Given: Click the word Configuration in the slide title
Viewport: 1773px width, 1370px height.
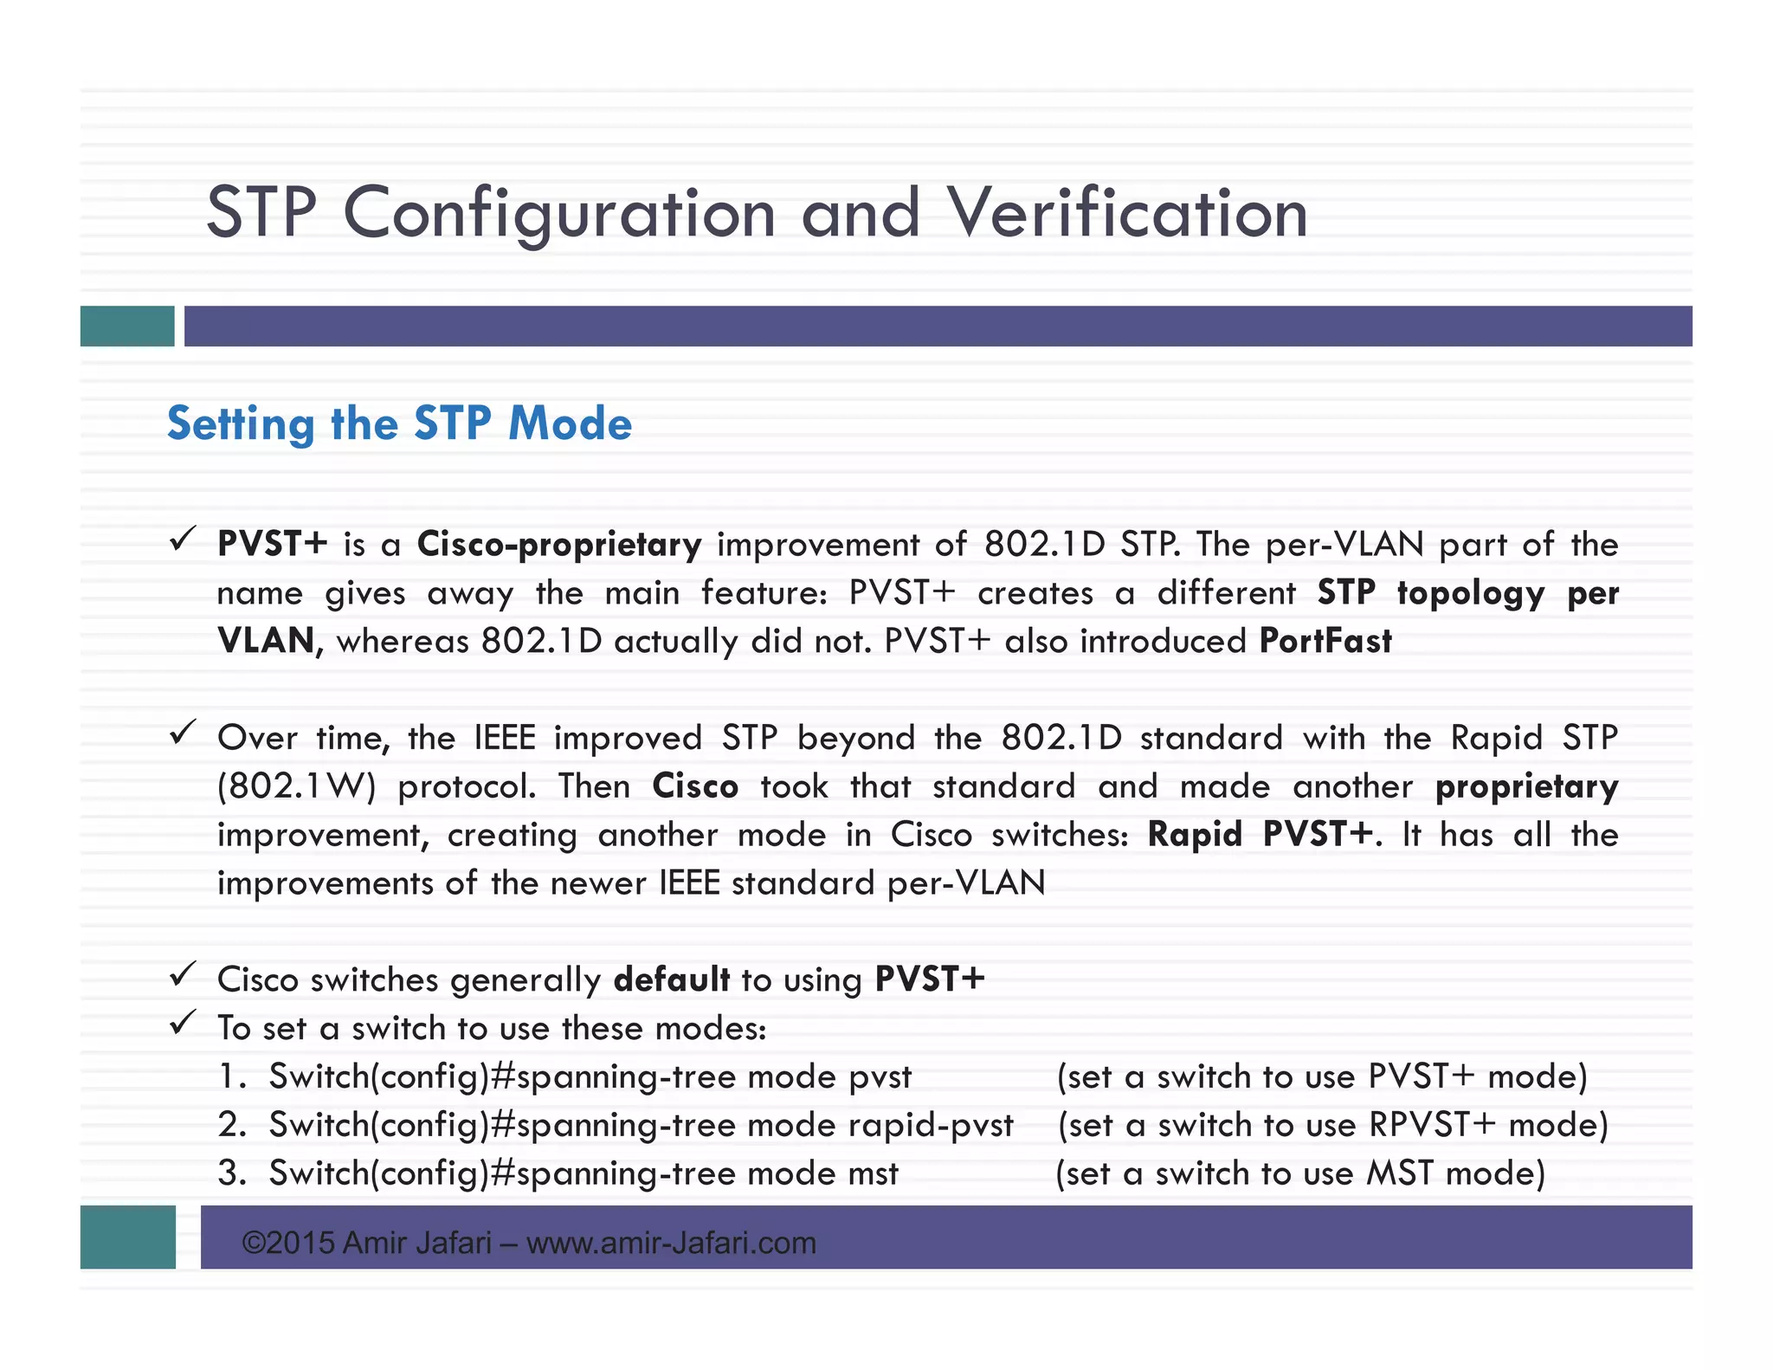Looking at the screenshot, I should (559, 215).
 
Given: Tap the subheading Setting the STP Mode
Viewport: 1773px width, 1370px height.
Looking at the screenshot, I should (399, 423).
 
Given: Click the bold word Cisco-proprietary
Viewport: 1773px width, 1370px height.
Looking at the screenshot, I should (559, 545).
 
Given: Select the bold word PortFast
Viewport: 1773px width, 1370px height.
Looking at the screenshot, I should (1325, 641).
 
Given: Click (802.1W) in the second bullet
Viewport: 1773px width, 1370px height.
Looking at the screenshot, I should (296, 786).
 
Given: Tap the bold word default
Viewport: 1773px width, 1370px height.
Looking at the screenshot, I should (671, 979).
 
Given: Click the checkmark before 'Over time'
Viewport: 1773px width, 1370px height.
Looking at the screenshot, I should (182, 733).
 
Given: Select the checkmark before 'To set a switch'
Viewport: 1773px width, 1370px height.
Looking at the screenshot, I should (182, 1024).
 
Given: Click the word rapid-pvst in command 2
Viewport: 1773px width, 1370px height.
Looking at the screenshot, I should (930, 1125).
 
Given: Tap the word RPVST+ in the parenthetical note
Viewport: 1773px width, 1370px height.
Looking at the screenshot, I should (1432, 1125).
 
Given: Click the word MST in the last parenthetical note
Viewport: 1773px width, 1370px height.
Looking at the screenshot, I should (1400, 1173).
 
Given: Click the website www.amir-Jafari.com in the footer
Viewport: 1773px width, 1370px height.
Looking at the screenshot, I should (671, 1243).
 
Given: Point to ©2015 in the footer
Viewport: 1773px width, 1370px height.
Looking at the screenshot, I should (288, 1243).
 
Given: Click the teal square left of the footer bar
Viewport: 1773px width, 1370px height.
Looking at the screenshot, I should (127, 1237).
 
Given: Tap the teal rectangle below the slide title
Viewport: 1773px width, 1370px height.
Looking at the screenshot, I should (127, 326).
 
